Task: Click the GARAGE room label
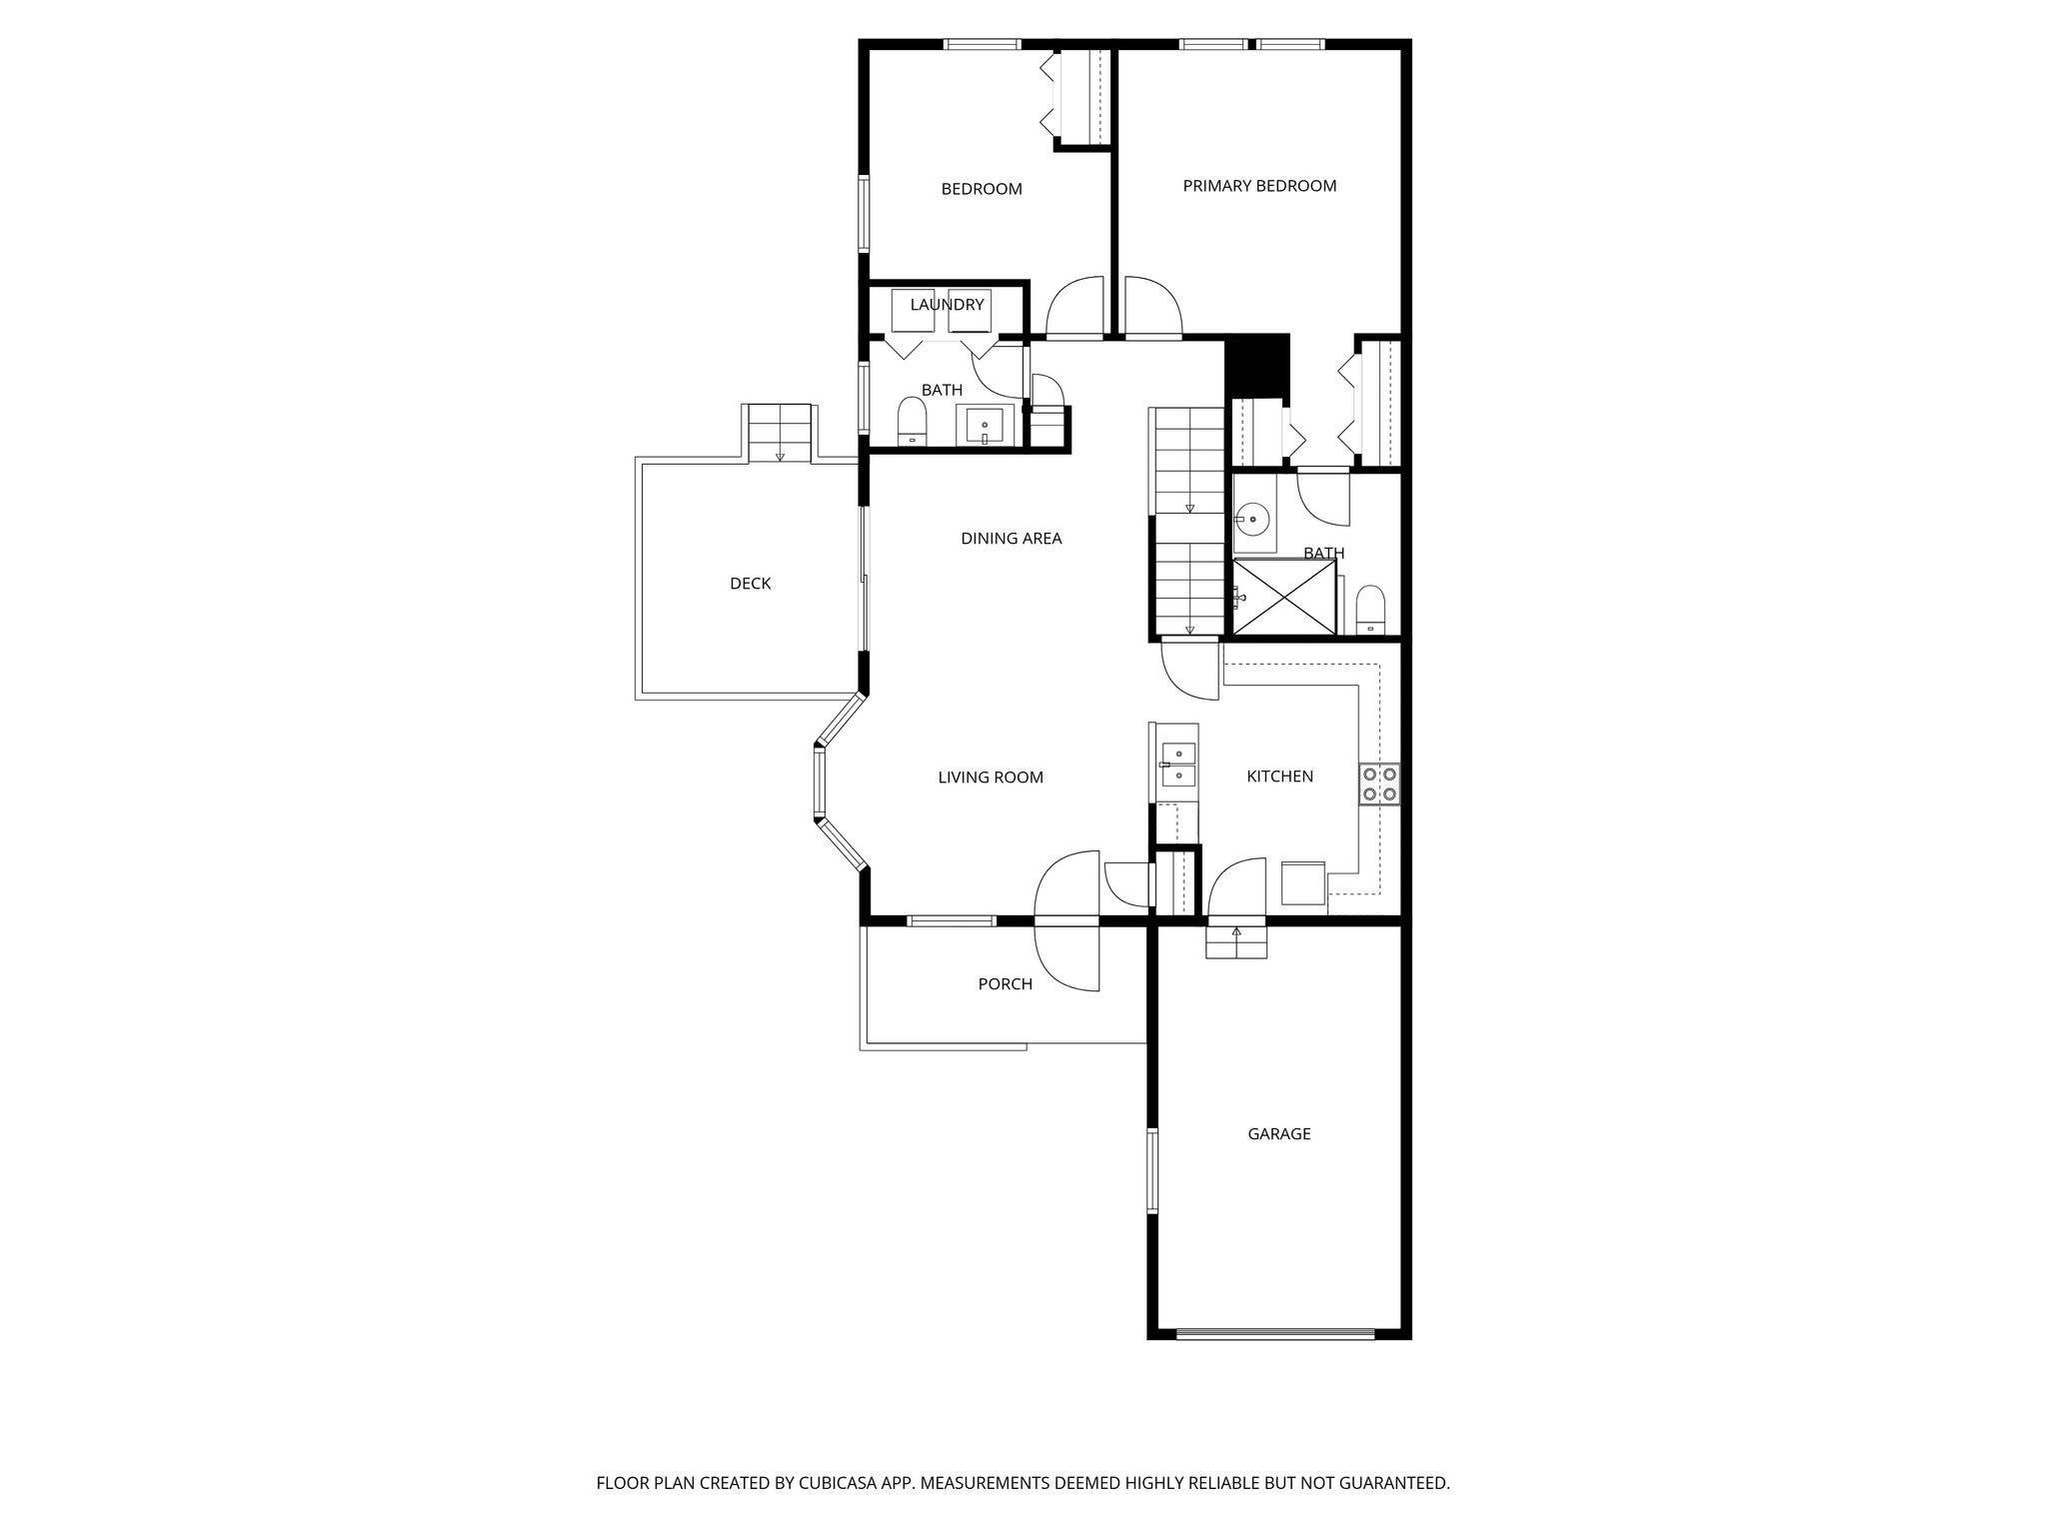(x=1278, y=1134)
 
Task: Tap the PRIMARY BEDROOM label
(x=1259, y=186)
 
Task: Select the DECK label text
(x=750, y=584)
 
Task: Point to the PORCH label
(x=1005, y=984)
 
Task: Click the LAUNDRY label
(x=947, y=305)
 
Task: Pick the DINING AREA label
(x=1011, y=539)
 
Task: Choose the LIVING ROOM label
(x=991, y=777)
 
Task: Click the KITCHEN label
(x=1279, y=776)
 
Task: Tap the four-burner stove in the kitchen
(x=1379, y=784)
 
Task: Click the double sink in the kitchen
(x=1178, y=766)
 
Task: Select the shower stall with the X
(x=1284, y=597)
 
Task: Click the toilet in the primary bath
(x=1370, y=610)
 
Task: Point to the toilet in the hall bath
(x=913, y=421)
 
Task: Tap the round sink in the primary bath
(x=1251, y=520)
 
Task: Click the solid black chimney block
(x=1258, y=366)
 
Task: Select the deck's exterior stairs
(x=780, y=433)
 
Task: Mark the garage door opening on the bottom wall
(x=1275, y=1333)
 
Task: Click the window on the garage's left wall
(x=1152, y=1170)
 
